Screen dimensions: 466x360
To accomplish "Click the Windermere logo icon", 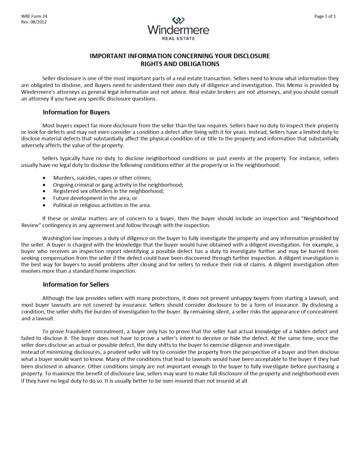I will [x=178, y=20].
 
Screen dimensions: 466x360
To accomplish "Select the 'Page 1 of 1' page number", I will [x=325, y=16].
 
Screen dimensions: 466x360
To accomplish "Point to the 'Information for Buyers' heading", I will [x=76, y=112].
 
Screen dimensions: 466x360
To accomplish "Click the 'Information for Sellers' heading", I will [x=76, y=284].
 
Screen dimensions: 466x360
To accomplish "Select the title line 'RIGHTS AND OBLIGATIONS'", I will [x=180, y=64].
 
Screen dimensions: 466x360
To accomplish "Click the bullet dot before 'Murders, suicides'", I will [x=44, y=178].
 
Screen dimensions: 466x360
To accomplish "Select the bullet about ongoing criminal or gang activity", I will [x=118, y=184].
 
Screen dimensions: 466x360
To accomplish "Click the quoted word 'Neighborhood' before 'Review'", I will [x=320, y=218].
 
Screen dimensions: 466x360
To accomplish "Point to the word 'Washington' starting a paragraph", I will [x=56, y=238].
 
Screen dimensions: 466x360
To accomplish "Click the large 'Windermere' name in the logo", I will [x=178, y=30].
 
